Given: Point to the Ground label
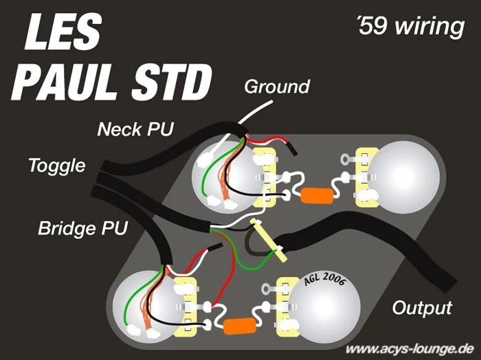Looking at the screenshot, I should (x=277, y=87).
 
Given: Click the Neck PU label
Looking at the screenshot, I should (x=135, y=128).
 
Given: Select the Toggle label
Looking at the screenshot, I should (x=57, y=166).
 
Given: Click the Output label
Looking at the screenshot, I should (x=422, y=306).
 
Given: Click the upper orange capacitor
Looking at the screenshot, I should (x=317, y=194).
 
